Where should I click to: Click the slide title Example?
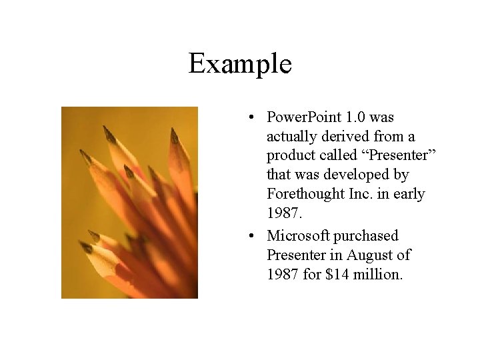(x=240, y=64)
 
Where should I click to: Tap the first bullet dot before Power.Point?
(x=248, y=119)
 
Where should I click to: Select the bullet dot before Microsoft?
(x=248, y=237)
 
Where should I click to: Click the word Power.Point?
(x=305, y=118)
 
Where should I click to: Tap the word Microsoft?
(x=298, y=236)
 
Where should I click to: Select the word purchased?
(x=367, y=236)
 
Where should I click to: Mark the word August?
(x=367, y=255)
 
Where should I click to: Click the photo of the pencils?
(x=129, y=203)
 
